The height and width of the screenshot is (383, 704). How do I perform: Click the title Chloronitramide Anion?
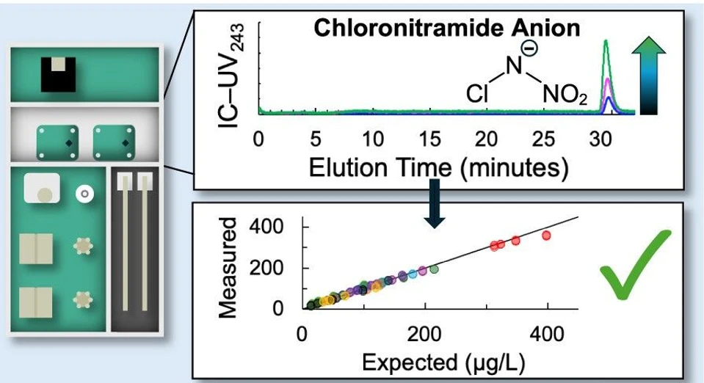447,28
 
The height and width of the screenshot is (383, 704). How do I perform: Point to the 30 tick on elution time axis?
605,139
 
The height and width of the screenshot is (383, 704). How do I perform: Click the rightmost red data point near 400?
546,236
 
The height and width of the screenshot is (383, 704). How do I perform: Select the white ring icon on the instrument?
84,194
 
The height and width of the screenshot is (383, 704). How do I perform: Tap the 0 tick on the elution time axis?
258,139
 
